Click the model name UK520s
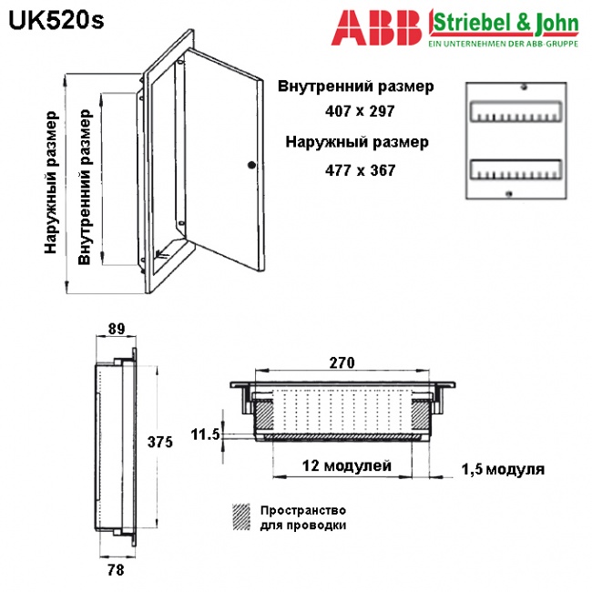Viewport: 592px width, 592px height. tap(56, 21)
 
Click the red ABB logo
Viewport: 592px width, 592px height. tap(376, 27)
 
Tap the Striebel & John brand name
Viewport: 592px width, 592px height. tap(505, 24)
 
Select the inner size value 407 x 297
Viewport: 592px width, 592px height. tap(360, 111)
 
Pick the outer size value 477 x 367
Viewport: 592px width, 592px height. tap(360, 170)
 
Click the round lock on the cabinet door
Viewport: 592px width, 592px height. tap(251, 165)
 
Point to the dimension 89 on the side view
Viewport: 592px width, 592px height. tap(117, 329)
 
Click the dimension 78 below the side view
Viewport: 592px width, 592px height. tap(116, 570)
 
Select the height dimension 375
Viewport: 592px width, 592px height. tap(160, 442)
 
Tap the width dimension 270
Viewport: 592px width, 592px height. tap(342, 362)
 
